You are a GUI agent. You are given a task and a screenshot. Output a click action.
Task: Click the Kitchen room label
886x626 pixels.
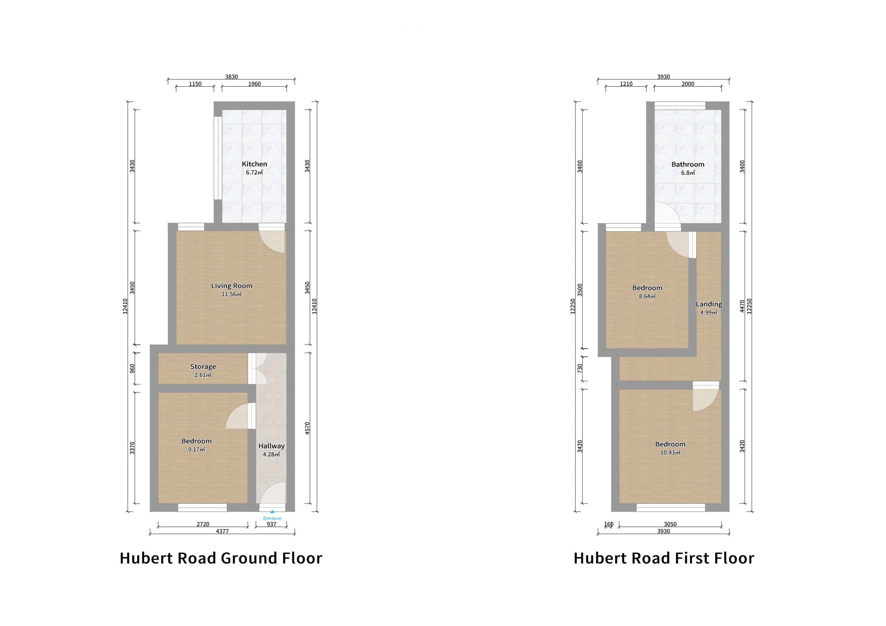pos(254,164)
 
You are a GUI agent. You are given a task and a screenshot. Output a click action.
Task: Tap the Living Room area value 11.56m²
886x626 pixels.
pos(232,294)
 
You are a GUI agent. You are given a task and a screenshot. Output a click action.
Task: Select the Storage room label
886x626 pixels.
pos(203,366)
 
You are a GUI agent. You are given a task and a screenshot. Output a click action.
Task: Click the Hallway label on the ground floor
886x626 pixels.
pos(271,446)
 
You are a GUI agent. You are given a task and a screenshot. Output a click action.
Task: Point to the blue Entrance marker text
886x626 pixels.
pos(272,518)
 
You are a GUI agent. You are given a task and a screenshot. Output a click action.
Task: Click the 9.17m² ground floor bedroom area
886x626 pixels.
pos(196,449)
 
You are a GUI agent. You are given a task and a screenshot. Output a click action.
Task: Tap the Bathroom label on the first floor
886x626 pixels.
pos(688,164)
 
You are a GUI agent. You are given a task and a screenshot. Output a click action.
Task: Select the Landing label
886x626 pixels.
pos(709,304)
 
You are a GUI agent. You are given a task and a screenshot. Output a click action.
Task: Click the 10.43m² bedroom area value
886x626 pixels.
pos(670,453)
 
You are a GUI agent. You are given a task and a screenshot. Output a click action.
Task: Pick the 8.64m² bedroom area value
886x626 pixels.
pos(647,297)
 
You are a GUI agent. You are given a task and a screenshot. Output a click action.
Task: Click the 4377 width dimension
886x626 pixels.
pos(222,531)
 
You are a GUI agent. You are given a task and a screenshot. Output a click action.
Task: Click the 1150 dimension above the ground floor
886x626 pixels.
pos(195,84)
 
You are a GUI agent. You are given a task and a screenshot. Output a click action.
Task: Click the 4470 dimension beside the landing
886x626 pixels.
pos(742,306)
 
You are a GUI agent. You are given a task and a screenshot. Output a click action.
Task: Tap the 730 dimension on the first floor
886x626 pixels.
pos(580,368)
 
